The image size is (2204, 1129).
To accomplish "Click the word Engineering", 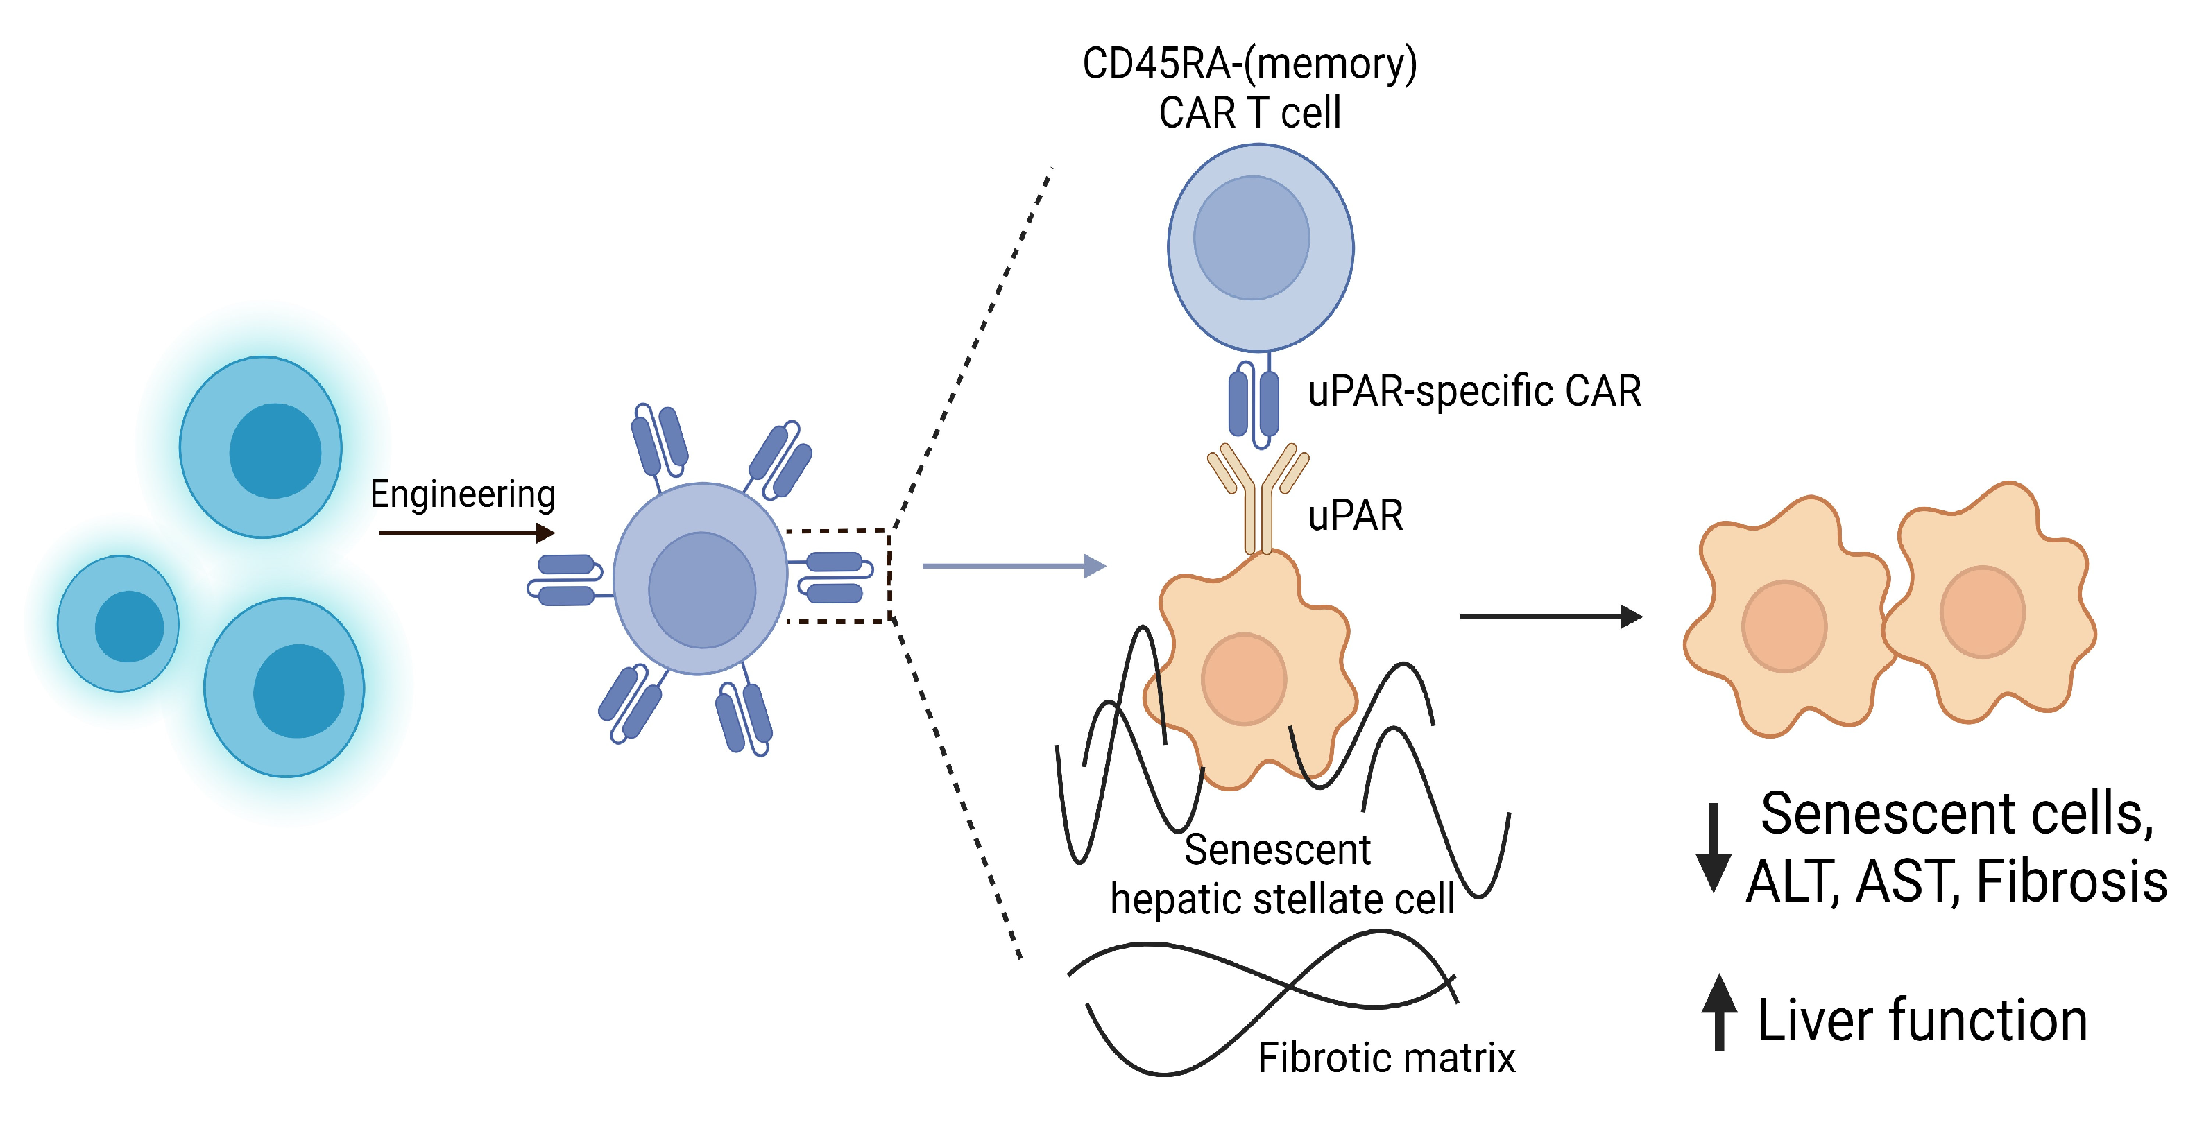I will pos(462,494).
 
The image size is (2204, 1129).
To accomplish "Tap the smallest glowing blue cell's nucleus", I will pos(129,626).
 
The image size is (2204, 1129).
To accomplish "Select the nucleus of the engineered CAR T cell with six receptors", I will pos(701,590).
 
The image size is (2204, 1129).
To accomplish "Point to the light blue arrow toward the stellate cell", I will pos(1014,566).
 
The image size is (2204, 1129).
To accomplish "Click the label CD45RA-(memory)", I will pos(1249,64).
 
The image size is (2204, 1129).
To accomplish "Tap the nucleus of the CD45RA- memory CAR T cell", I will pos(1251,238).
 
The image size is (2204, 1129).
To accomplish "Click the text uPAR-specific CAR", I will pos(1474,392).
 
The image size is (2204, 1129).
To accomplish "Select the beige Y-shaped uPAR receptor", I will pos(1258,496).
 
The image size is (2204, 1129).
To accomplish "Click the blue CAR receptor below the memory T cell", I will pos(1254,402).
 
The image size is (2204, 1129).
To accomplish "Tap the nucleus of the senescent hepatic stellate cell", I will pos(1244,679).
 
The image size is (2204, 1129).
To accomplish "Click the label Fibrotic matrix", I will pos(1386,1058).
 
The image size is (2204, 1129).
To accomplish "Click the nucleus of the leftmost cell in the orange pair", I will pos(1784,626).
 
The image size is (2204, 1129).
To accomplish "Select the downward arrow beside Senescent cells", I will pos(1714,847).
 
